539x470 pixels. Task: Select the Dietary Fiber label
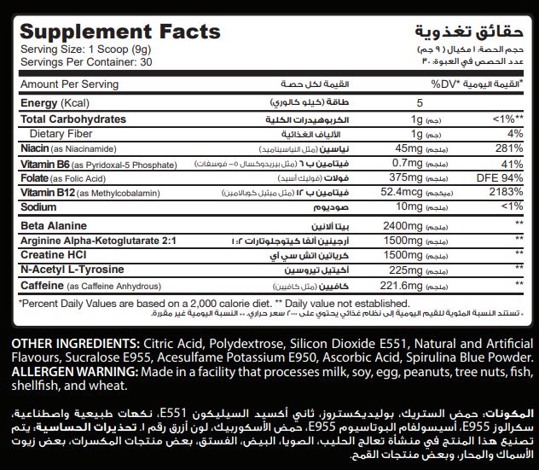[62, 133]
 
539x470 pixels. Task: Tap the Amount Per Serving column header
[70, 84]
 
